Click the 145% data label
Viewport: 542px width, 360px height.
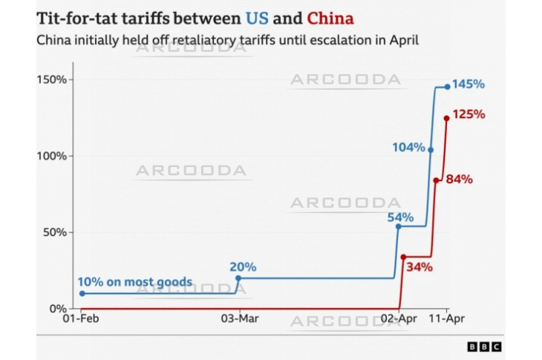[469, 85]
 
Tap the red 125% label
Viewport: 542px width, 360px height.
[468, 115]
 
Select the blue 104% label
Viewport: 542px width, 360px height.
[408, 148]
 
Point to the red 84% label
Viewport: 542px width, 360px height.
[458, 180]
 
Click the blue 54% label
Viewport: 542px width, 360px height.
[399, 217]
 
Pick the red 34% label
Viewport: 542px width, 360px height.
[419, 267]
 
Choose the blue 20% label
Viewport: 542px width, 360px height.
[242, 267]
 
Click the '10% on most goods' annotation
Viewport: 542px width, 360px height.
[135, 283]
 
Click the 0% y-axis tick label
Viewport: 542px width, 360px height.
[58, 309]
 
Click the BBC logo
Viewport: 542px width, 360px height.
[484, 347]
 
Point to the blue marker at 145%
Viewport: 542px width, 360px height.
[447, 86]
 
